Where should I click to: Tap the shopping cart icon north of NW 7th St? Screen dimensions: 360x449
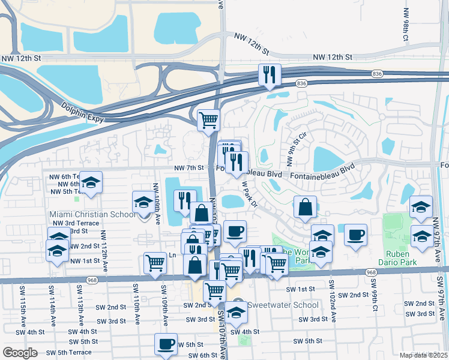pyautogui.click(x=208, y=119)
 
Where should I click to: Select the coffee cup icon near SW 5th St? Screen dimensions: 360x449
pyautogui.click(x=166, y=343)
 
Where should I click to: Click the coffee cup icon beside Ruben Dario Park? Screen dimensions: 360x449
pyautogui.click(x=355, y=233)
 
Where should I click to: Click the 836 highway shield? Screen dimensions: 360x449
pyautogui.click(x=377, y=74)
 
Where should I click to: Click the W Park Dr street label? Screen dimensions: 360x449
pyautogui.click(x=250, y=194)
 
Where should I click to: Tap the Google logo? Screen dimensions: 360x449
pyautogui.click(x=20, y=352)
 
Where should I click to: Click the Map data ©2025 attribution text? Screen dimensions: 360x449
pyautogui.click(x=423, y=355)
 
